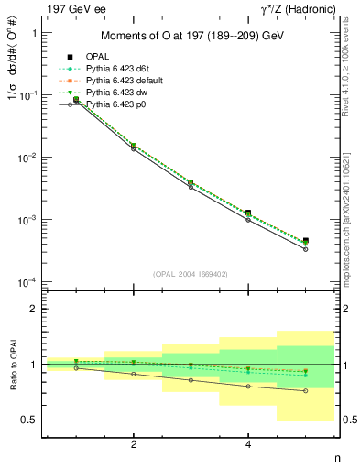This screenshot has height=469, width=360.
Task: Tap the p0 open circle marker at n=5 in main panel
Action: pyautogui.click(x=305, y=249)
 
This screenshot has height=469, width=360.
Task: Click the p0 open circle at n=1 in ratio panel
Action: pyautogui.click(x=76, y=367)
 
